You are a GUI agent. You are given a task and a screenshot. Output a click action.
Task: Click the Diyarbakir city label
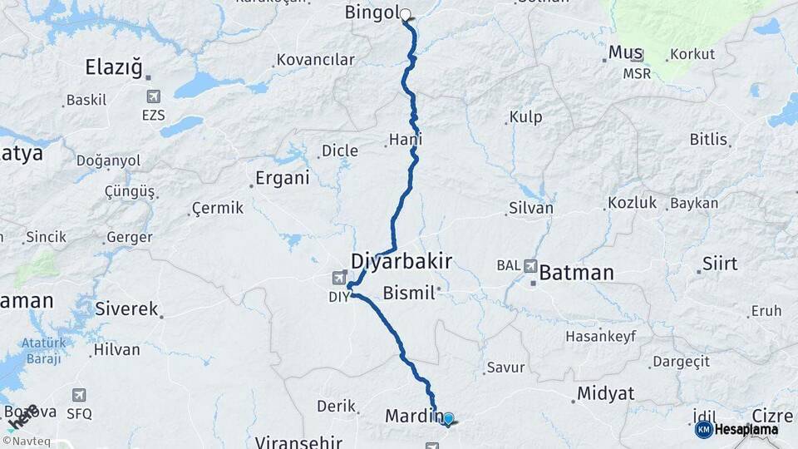[x=401, y=261]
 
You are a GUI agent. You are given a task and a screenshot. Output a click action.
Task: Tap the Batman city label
[x=576, y=272]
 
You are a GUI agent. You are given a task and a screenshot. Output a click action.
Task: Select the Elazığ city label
[x=114, y=67]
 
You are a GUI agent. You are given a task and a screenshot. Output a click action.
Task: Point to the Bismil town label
[x=409, y=292]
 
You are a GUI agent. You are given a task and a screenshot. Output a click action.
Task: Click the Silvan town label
[x=530, y=208]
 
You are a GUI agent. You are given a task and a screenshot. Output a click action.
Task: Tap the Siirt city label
[x=719, y=264]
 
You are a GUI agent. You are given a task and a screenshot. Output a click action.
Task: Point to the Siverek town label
[x=126, y=309]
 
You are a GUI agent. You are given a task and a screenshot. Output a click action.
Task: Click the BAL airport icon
[x=530, y=266]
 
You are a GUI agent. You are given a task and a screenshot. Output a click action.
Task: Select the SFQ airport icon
[x=79, y=396]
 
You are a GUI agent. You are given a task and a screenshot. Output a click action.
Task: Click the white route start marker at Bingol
[x=406, y=14]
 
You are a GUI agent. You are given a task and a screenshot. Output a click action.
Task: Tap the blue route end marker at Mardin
[x=448, y=419]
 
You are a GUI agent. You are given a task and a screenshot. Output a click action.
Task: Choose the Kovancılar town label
[x=315, y=60]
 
